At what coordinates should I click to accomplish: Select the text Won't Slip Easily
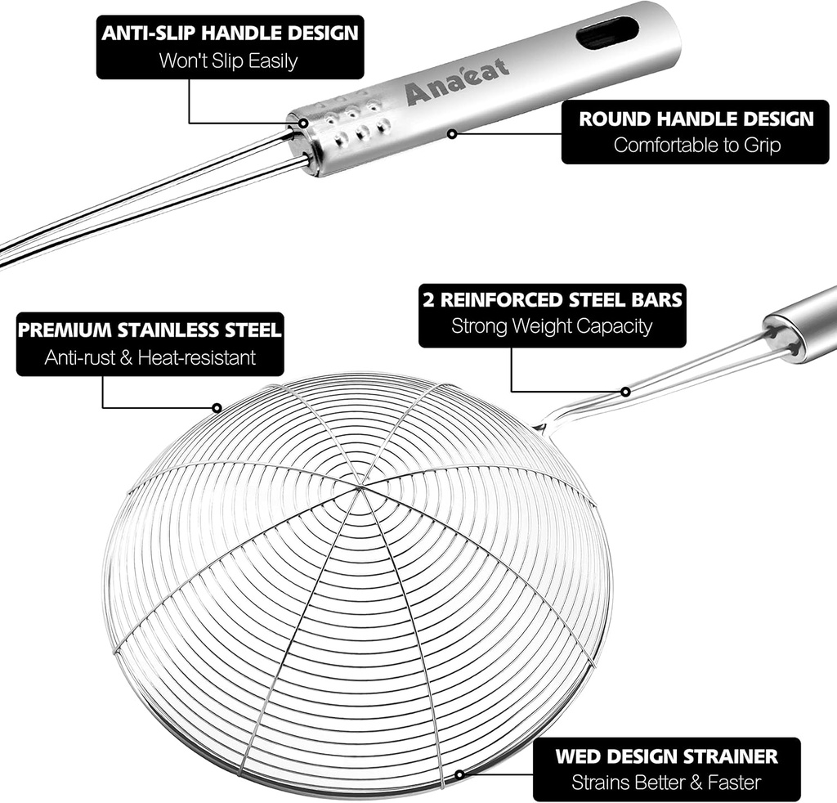228,60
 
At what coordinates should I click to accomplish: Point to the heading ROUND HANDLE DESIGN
696,119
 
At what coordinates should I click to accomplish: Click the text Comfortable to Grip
696,146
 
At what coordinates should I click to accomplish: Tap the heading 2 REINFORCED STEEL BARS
553,299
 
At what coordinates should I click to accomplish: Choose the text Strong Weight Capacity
553,325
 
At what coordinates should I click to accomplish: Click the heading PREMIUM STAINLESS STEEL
150,330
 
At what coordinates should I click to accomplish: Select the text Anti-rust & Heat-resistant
150,357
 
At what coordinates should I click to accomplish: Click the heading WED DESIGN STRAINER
666,756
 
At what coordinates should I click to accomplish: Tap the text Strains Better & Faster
666,783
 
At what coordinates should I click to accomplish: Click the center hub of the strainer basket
360,488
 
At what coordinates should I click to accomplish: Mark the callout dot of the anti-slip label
303,123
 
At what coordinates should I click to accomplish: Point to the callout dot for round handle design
451,132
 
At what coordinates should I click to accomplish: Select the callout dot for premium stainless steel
217,406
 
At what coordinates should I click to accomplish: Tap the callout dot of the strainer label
459,774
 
